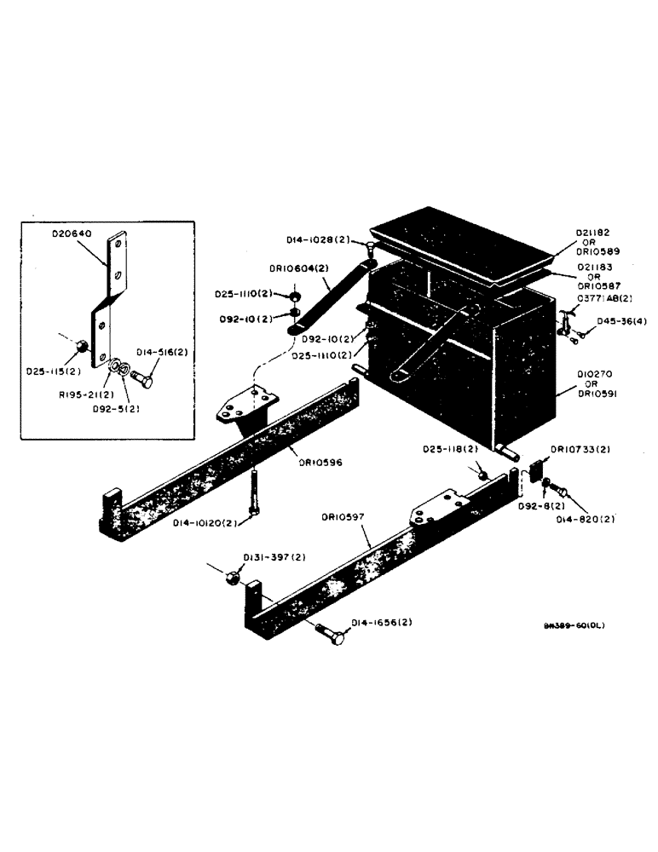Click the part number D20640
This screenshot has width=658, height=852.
[74, 233]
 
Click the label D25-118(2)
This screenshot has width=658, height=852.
[452, 449]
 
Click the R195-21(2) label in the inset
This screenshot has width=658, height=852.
[83, 395]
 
